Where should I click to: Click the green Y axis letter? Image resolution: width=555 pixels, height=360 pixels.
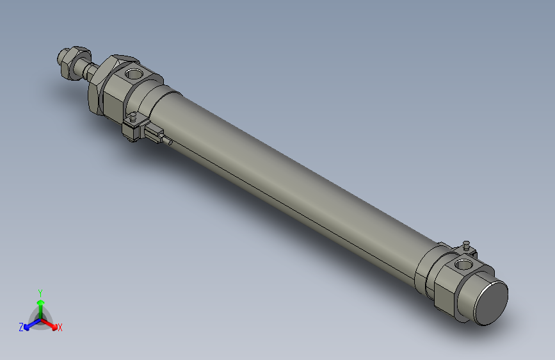(40, 292)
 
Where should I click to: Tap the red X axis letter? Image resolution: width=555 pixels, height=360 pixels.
(60, 328)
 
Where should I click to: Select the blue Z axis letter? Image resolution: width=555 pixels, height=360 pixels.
(21, 327)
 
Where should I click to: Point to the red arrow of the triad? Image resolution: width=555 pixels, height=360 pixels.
(52, 324)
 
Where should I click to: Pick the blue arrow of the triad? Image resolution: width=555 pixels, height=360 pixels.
(29, 324)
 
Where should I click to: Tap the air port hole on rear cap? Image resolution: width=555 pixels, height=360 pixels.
(462, 264)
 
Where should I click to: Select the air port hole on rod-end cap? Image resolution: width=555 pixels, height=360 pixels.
(134, 74)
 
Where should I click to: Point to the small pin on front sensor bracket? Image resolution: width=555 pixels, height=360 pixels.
(133, 118)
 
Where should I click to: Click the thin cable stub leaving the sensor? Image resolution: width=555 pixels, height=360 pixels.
(168, 142)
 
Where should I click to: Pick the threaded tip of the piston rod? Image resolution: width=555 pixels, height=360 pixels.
(63, 63)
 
